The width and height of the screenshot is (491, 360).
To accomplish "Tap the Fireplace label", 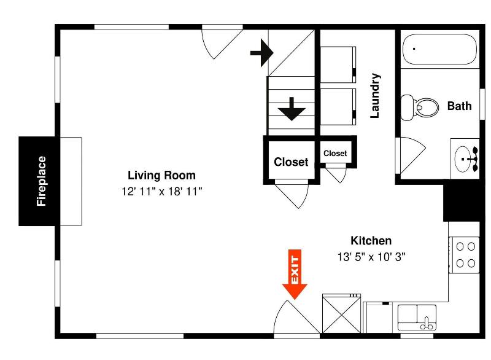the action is coord(41,181).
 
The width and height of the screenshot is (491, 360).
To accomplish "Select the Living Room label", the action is coord(161,175).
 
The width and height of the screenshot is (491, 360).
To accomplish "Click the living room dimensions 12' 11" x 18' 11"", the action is coord(161,191).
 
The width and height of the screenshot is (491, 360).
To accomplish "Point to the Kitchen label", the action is coord(371,241).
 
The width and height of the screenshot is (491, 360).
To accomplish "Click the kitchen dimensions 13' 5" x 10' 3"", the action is coord(371,257).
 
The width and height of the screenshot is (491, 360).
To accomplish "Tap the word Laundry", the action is coord(375,96).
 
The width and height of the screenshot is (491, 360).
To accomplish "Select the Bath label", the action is coord(459,106).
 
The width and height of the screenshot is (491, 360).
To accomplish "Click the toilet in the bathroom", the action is coord(419,107).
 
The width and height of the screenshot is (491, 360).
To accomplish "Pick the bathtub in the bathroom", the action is coord(439,49).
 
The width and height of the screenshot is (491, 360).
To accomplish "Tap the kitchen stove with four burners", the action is coord(464,255).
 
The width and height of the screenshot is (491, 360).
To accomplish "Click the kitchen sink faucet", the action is coord(426,324).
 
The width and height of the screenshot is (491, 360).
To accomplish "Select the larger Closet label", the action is coord(291,162).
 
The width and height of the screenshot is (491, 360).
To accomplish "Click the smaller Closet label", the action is coord(335,153).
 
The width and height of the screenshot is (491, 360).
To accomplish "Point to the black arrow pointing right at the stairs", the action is coord(262,53).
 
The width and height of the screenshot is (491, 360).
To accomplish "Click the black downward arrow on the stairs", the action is coord(292,109).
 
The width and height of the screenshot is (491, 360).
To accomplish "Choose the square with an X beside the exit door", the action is coord(342,313).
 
